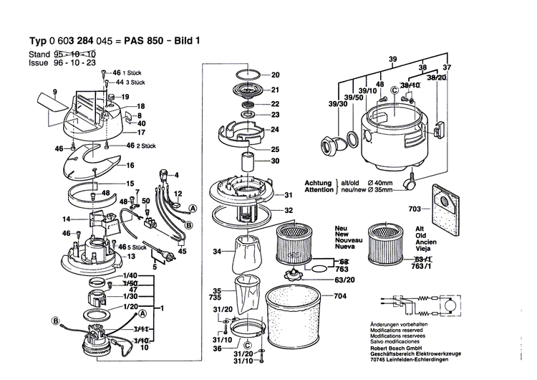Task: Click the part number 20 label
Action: coord(276,75)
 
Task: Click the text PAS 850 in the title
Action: coord(170,41)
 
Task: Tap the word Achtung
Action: coord(318,183)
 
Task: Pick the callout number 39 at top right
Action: coord(392,58)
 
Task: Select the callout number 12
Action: coord(178,194)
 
